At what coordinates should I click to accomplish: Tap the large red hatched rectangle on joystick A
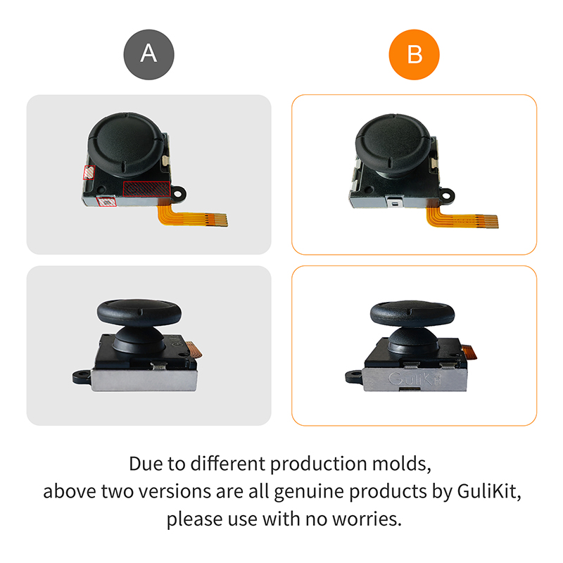pyautogui.click(x=146, y=188)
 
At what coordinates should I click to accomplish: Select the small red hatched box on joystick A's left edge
pyautogui.click(x=89, y=172)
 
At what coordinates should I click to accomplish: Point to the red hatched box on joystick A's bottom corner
pyautogui.click(x=106, y=201)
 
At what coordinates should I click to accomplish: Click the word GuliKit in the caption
pyautogui.click(x=486, y=491)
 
